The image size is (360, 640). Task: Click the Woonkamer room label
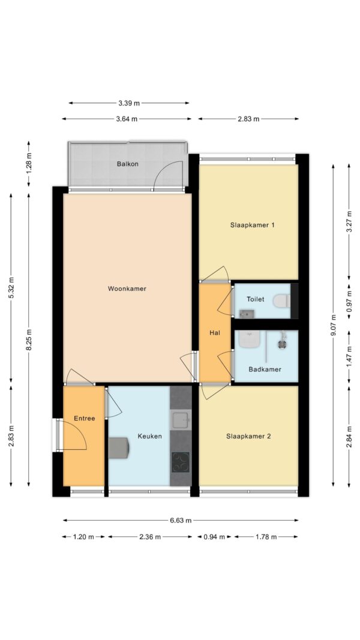pos(127,289)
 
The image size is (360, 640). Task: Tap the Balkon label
pos(128,164)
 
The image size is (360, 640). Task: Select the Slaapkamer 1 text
pos(252,225)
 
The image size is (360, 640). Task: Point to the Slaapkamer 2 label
pos(248,436)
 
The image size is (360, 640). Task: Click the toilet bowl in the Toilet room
pos(281,301)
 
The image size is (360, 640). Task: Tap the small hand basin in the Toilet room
pos(247,314)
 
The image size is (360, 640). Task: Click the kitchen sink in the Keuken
pos(181,420)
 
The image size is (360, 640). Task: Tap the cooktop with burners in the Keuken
pos(181,462)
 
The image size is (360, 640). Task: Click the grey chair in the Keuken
pos(119,448)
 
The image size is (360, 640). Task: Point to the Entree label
pos(85,418)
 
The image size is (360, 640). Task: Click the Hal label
pos(215,333)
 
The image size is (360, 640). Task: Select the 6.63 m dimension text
pos(181,521)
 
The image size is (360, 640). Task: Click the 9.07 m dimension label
pos(334,325)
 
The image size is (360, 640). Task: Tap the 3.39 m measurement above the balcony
pos(129,103)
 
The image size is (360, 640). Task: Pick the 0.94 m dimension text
pos(215,537)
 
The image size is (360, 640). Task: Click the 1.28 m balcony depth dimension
pos(29,164)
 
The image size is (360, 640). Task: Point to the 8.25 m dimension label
pos(29,339)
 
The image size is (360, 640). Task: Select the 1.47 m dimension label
pos(349,357)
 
